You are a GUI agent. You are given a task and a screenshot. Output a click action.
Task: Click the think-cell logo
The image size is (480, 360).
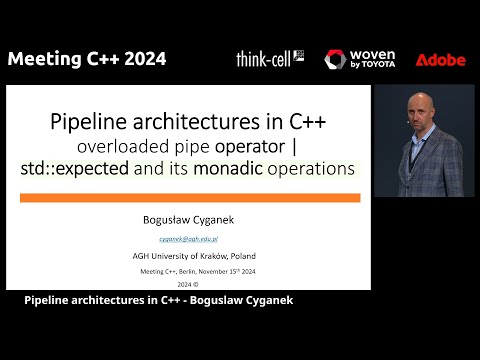click(x=270, y=59)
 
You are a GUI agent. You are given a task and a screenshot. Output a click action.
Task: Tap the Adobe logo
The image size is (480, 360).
click(x=440, y=60)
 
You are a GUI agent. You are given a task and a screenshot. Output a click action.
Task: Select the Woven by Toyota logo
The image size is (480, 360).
click(x=360, y=59)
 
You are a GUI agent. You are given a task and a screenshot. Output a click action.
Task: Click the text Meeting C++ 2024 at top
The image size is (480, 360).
click(x=87, y=59)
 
